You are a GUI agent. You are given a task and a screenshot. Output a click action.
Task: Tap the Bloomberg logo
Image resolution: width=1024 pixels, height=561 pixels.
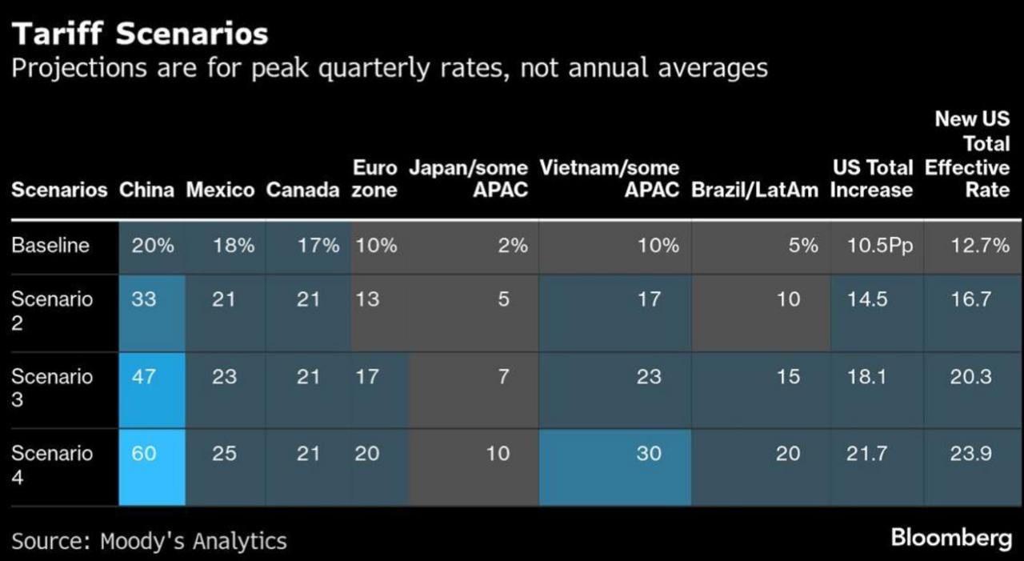[950, 538]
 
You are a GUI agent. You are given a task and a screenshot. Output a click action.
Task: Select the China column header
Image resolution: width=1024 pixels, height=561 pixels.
[146, 190]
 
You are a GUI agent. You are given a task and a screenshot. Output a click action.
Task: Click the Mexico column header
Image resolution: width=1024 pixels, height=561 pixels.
[220, 190]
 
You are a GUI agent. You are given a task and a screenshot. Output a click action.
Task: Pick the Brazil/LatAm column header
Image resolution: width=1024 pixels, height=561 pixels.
[754, 190]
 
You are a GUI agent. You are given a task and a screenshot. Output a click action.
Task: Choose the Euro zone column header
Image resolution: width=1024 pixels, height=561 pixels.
[374, 179]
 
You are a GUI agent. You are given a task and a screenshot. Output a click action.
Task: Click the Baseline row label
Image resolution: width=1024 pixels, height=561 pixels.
[50, 245]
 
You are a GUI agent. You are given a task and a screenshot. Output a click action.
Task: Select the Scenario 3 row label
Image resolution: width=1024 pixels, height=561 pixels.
[52, 387]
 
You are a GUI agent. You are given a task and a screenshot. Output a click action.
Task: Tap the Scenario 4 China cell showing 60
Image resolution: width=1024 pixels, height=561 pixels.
[144, 454]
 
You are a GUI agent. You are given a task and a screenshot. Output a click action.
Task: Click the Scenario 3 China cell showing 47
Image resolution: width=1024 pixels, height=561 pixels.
[144, 376]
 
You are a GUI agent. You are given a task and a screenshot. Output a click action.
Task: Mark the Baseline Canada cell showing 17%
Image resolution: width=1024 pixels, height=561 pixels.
[318, 245]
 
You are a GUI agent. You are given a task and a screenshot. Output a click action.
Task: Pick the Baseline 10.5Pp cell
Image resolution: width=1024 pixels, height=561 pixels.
[880, 245]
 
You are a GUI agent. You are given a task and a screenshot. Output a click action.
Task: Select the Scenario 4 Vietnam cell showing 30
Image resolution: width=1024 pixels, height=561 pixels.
[649, 454]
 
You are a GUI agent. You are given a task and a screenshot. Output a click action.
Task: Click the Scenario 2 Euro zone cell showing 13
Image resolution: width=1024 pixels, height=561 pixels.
[368, 299]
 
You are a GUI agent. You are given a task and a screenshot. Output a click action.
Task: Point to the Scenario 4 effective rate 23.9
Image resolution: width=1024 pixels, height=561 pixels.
[971, 454]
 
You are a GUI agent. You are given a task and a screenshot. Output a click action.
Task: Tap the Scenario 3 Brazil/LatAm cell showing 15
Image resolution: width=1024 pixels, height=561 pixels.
[788, 376]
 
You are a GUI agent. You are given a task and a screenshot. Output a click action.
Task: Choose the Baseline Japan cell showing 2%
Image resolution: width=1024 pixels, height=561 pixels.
[512, 245]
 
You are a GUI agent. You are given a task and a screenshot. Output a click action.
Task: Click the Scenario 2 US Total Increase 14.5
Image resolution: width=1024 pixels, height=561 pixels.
[867, 299]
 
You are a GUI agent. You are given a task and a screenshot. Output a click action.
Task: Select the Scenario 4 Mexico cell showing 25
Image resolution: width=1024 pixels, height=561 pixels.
[224, 454]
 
